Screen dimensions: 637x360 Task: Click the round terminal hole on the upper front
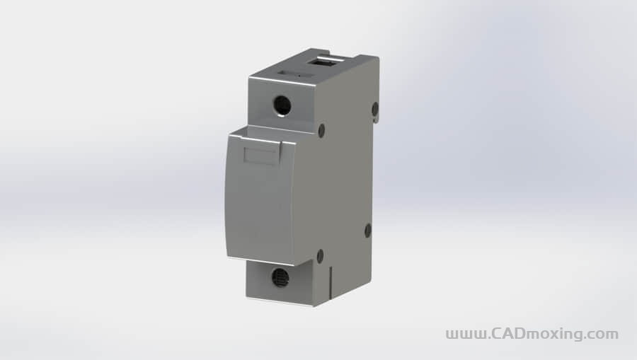282,105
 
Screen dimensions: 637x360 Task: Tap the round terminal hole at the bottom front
280,277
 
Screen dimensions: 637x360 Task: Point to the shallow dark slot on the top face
295,75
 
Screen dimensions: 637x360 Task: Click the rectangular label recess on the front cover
260,156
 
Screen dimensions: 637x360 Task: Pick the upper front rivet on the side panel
321,130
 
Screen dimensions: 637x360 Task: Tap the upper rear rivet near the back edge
375,108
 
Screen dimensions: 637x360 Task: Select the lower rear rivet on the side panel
367,231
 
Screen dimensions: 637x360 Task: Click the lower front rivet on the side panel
320,256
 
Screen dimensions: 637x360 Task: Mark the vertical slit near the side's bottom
331,282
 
